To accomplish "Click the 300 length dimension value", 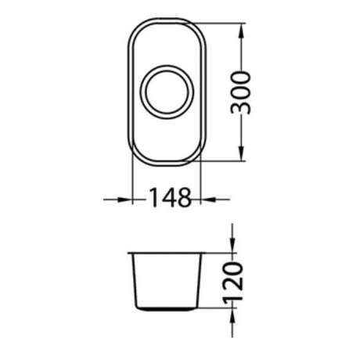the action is [240, 93].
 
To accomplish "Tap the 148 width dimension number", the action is [171, 197].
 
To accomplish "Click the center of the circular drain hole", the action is [167, 92].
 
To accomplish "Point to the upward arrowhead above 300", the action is [242, 31].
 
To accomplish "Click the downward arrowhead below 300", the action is [242, 153].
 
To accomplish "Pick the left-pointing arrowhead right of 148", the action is [208, 200].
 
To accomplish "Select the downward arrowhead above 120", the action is [232, 245].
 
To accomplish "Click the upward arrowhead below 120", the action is [232, 315].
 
